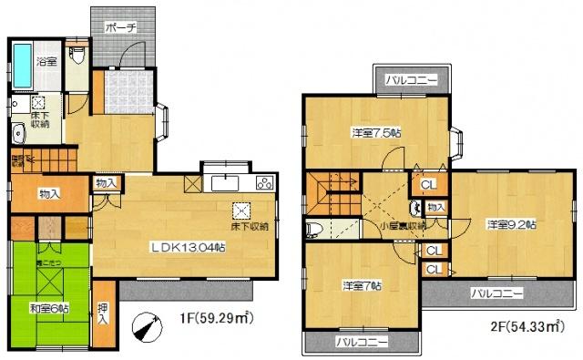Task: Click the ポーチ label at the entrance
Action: (120, 27)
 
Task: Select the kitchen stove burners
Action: (265, 183)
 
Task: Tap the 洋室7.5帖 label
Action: (376, 133)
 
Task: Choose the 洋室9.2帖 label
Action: (511, 223)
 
